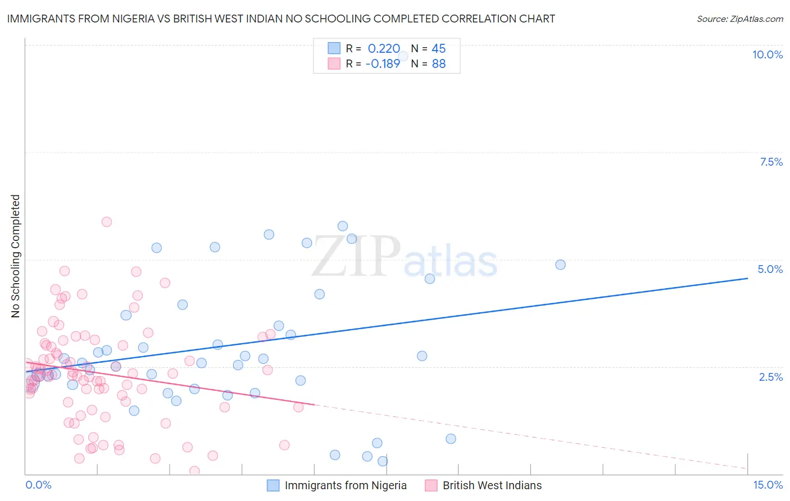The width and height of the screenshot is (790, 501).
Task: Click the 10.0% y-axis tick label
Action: tap(767, 54)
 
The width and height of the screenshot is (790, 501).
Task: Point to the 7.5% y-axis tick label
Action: tap(771, 162)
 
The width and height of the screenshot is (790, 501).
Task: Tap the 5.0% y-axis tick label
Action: tap(770, 269)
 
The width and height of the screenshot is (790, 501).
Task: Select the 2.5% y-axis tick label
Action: tap(770, 377)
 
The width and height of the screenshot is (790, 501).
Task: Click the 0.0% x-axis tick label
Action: tap(38, 485)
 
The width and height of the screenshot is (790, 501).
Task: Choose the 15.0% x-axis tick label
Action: tap(768, 485)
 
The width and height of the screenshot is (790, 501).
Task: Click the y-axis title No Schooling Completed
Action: tap(15, 256)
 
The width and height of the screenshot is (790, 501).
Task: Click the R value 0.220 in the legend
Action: tap(384, 49)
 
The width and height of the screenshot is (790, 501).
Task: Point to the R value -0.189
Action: tap(383, 63)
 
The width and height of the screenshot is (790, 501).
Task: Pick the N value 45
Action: tap(438, 49)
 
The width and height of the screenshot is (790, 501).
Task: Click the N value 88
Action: tap(438, 63)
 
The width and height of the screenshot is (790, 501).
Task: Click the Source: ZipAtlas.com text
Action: tap(739, 19)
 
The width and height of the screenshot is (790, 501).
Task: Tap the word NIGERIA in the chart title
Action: tap(123, 19)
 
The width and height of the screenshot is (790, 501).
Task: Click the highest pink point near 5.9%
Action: tap(106, 222)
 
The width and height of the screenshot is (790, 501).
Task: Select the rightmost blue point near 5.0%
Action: tap(560, 265)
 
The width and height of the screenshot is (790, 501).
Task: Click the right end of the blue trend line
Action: tap(747, 278)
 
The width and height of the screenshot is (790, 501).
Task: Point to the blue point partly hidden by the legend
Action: tap(403, 56)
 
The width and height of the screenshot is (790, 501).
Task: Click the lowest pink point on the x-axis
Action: tap(194, 471)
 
